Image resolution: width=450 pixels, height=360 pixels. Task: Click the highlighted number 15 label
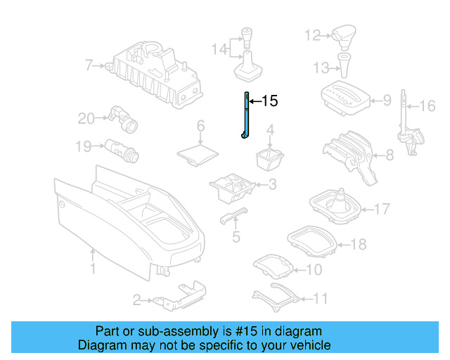(x=270, y=102)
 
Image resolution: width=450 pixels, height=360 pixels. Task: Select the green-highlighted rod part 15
(x=246, y=116)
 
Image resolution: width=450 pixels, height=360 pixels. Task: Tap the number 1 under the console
(x=93, y=269)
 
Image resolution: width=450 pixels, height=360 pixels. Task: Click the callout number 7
(x=89, y=66)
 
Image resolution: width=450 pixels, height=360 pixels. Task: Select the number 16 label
(x=427, y=106)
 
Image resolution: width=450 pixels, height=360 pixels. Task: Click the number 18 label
(x=359, y=245)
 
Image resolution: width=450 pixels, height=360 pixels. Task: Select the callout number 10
(x=314, y=269)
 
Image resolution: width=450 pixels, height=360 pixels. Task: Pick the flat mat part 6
(x=199, y=151)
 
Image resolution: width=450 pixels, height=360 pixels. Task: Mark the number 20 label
(x=86, y=119)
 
